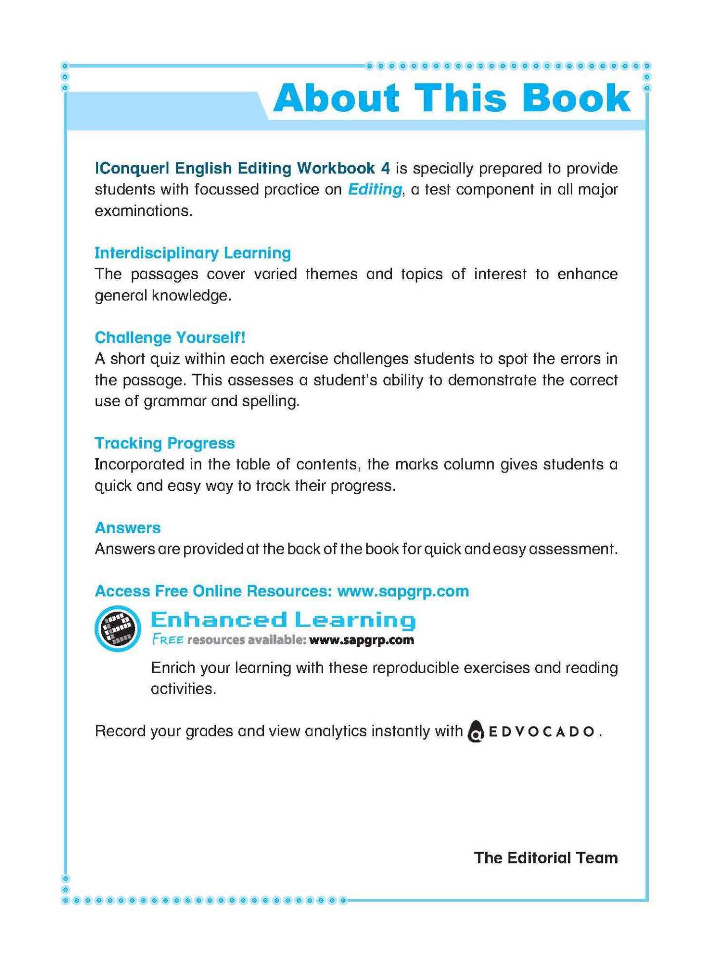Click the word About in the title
coord(336,97)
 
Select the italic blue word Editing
coord(375,190)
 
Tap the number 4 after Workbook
coord(385,169)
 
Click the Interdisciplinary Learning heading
coord(192,253)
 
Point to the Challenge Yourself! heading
coord(170,338)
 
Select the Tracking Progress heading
coord(165,443)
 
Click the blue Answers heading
coord(127,528)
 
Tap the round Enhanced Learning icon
coord(118,628)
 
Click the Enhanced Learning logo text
coord(283,620)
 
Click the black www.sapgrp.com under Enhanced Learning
coord(361,640)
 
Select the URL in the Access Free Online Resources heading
coord(403,591)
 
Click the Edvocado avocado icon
coord(475,732)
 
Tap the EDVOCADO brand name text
coord(541,732)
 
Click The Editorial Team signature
coord(546,858)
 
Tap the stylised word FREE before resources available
coord(168,640)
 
